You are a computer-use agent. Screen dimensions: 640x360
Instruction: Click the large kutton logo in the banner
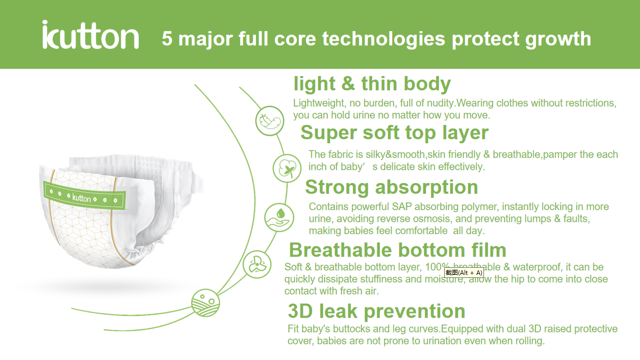(x=91, y=35)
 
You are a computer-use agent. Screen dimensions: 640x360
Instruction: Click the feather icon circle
(x=270, y=120)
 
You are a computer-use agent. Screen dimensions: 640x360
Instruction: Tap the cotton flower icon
(x=287, y=168)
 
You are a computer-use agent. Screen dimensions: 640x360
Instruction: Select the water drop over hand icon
(x=279, y=217)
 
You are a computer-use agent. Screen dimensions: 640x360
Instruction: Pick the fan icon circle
(x=257, y=264)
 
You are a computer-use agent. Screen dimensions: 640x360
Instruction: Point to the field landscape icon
(x=206, y=303)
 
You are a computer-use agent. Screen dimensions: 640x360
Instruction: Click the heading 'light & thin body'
(x=372, y=84)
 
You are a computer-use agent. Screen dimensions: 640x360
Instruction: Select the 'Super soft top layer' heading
(x=395, y=133)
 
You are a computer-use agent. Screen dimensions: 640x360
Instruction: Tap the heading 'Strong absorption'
(x=392, y=187)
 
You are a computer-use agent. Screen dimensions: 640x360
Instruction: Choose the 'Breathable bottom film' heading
(x=397, y=250)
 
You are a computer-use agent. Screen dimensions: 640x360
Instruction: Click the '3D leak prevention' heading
(x=376, y=311)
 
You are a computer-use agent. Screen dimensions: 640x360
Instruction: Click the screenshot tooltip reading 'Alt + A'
(x=464, y=273)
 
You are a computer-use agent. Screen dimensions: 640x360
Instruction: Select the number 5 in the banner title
(x=167, y=39)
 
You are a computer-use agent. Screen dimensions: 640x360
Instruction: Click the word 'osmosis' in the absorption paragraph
(x=432, y=219)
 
